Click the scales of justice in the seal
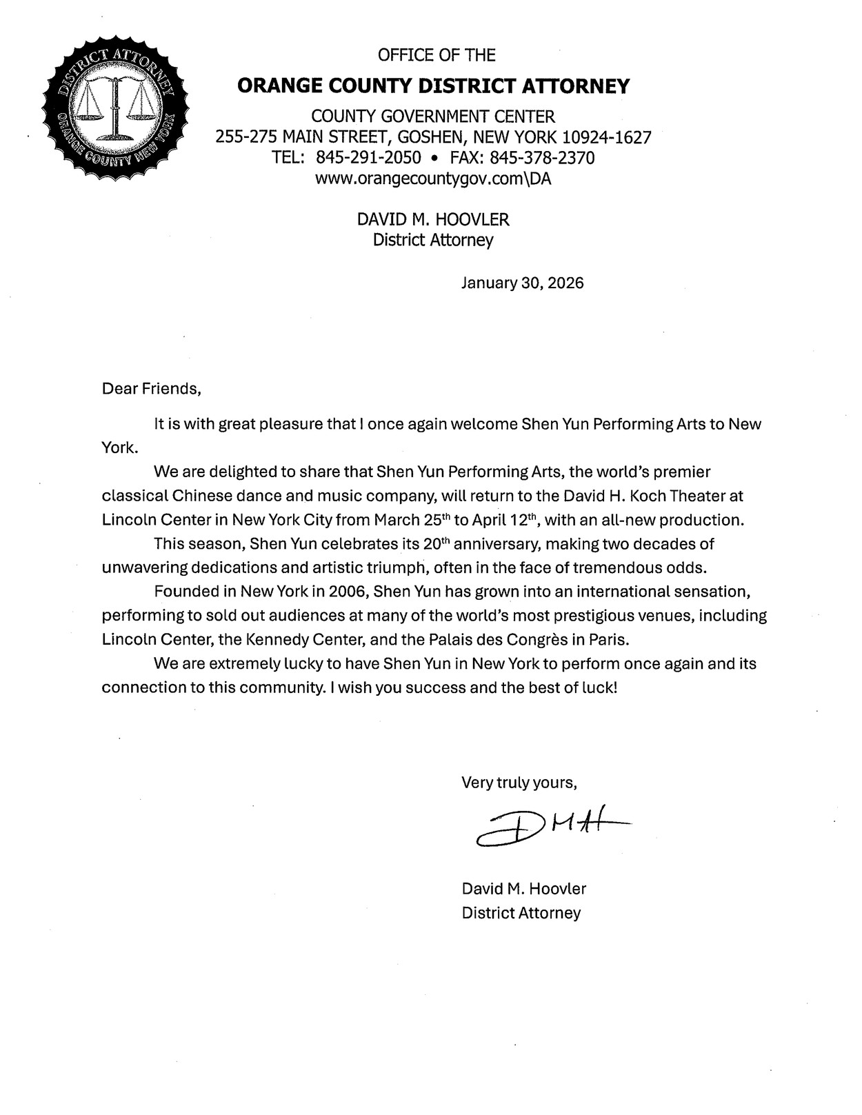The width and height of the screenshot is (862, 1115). (115, 108)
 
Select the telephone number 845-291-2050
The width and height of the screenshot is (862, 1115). (368, 158)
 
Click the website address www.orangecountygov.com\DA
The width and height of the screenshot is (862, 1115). (433, 179)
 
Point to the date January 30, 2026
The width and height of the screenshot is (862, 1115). (522, 283)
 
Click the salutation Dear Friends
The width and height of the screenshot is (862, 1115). (151, 389)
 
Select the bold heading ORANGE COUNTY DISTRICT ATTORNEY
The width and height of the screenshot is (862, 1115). (433, 86)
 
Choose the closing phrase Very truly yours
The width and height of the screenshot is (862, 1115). (519, 783)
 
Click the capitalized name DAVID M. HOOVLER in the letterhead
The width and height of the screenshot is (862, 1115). (433, 220)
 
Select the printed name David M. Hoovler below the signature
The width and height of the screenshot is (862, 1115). (524, 888)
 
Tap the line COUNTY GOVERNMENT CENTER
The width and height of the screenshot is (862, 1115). (433, 117)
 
